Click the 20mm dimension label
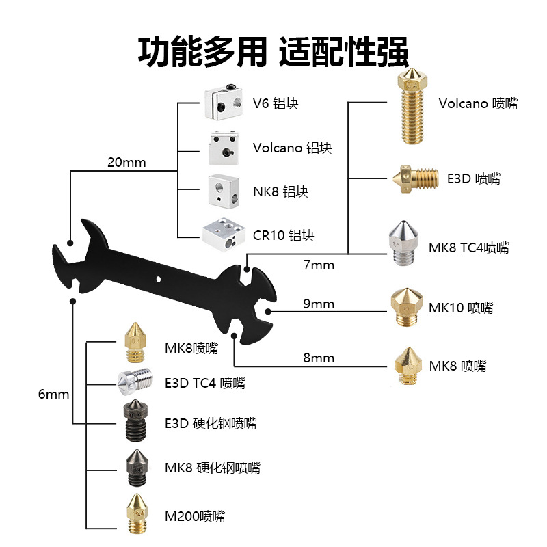pyautogui.click(x=126, y=163)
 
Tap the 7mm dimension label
pyautogui.click(x=319, y=265)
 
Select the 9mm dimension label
pyautogui.click(x=319, y=304)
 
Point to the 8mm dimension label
pyautogui.click(x=319, y=358)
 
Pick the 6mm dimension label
pyautogui.click(x=54, y=395)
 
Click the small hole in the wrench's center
pyautogui.click(x=159, y=279)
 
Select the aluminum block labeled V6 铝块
pyautogui.click(x=222, y=103)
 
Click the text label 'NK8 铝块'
pyautogui.click(x=280, y=191)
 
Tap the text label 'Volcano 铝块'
pyautogui.click(x=292, y=148)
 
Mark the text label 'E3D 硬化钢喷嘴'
pyautogui.click(x=211, y=423)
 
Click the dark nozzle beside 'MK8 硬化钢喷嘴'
pyautogui.click(x=134, y=468)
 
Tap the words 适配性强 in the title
pyautogui.click(x=343, y=51)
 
